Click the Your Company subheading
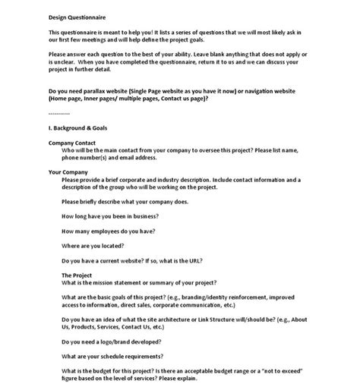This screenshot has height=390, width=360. click(x=68, y=172)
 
